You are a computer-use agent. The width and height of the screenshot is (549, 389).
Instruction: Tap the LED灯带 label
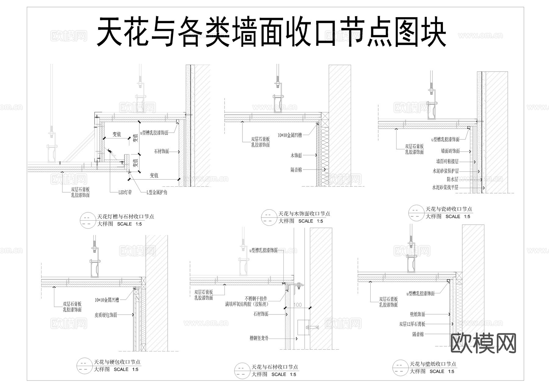(x=125, y=193)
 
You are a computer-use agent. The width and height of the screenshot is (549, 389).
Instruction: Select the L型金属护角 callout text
(x=157, y=193)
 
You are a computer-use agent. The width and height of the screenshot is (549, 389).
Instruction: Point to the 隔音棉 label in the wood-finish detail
(x=296, y=170)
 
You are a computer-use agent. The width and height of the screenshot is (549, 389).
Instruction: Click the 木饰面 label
(x=296, y=156)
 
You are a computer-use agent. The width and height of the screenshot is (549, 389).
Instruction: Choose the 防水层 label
(x=452, y=179)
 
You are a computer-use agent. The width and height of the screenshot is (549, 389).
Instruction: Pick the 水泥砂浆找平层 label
(x=445, y=188)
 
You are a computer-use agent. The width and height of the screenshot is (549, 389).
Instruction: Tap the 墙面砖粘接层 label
(x=447, y=161)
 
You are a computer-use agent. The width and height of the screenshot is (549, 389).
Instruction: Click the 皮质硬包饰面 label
(x=106, y=315)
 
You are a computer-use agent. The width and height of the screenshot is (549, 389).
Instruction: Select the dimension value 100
(x=297, y=305)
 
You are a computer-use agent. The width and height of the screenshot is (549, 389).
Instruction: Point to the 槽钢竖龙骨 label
(x=259, y=338)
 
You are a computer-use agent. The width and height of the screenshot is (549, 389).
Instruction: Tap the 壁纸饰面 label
(x=418, y=314)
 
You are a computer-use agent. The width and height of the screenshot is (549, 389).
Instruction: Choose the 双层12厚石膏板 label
(x=412, y=324)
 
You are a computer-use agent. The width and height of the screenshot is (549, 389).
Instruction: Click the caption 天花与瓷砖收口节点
(x=449, y=209)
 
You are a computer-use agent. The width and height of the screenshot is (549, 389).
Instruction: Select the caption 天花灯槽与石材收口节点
(x=126, y=217)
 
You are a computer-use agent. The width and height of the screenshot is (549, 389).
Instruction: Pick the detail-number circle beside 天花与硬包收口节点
(x=84, y=366)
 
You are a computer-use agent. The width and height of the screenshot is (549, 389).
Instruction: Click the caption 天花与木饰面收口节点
(x=304, y=214)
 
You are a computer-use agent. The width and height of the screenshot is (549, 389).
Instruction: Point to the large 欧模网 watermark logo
(x=483, y=343)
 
